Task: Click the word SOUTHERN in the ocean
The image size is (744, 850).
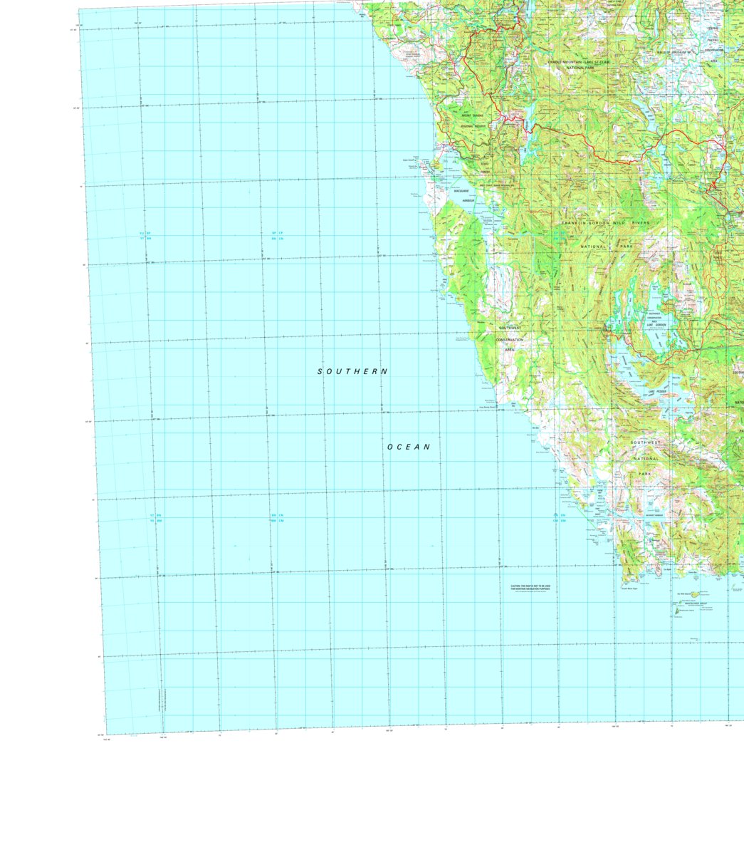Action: tap(352, 371)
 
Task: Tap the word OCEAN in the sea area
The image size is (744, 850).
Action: tap(409, 447)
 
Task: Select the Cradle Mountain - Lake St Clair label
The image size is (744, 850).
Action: tap(579, 63)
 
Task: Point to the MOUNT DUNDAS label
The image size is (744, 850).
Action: tap(472, 115)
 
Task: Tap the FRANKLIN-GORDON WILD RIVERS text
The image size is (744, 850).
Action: tap(605, 223)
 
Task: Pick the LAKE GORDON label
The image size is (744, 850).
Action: tap(656, 325)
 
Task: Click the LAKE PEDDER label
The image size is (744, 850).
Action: tap(656, 391)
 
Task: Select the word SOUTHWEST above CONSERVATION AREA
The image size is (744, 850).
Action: tap(510, 328)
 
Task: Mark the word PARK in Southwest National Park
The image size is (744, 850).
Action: tap(644, 474)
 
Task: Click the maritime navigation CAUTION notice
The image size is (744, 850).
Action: tap(530, 589)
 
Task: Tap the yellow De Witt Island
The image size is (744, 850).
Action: tap(693, 594)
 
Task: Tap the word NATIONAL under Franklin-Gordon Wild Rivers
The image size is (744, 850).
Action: tap(594, 247)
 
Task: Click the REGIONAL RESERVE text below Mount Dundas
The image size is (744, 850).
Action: tap(472, 126)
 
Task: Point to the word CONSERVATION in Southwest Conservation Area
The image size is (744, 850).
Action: tap(510, 339)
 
